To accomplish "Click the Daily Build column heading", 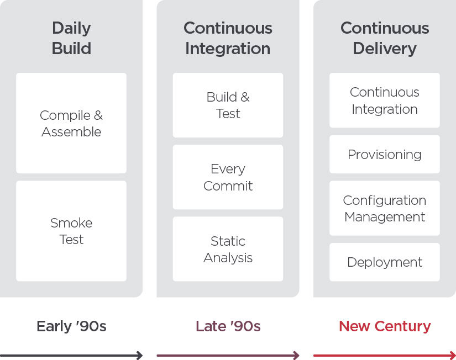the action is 71,38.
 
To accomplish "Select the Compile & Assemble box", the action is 71,123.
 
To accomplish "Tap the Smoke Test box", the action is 71,231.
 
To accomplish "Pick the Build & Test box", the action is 228,105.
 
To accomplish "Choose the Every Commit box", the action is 228,177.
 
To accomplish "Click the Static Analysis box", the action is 228,249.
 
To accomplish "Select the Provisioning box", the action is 385,154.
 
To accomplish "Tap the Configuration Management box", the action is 385,208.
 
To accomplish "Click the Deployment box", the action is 385,262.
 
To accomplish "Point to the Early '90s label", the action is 71,326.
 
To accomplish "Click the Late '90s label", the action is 228,326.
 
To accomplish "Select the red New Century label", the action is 385,326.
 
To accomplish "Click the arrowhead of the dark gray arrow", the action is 140,356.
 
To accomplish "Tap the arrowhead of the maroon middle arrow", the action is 297,356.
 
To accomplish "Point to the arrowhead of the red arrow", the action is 453,356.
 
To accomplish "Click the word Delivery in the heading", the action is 385,49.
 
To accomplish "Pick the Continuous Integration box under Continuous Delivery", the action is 385,100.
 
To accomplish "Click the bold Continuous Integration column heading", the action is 228,38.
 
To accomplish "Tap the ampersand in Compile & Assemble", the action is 98,115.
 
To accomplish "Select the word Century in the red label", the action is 402,326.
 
